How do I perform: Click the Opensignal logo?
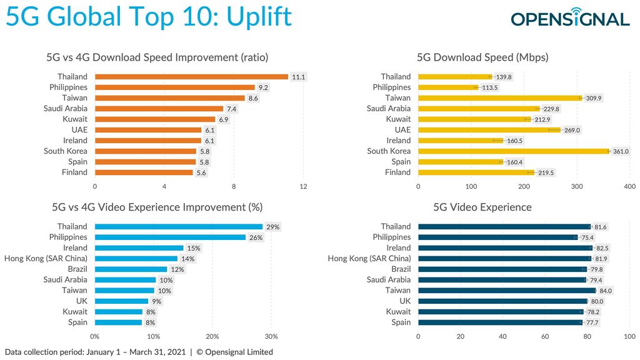[x=570, y=18]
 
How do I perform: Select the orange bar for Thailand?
[x=191, y=77]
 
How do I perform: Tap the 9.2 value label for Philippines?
[x=264, y=87]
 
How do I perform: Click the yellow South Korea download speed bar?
[x=513, y=151]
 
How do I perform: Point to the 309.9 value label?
[x=593, y=98]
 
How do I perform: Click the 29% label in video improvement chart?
[x=272, y=227]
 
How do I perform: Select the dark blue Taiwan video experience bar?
[x=506, y=291]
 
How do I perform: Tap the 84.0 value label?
[x=605, y=291]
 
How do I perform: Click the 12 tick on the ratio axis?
[x=304, y=186]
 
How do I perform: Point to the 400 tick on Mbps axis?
[x=629, y=186]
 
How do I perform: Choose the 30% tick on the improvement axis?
[x=271, y=336]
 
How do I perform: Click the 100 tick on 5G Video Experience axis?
[x=629, y=336]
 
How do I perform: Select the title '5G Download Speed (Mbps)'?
[x=482, y=57]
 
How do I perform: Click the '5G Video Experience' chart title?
[x=482, y=207]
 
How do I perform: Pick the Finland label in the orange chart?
[x=74, y=172]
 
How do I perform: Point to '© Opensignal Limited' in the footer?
[x=234, y=352]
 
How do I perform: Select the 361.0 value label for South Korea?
[x=621, y=151]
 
